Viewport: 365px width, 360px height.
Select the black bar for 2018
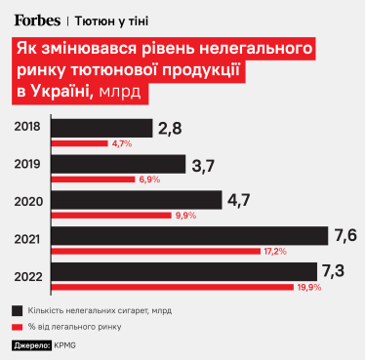[x=99, y=128]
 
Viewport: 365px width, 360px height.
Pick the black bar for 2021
[x=186, y=236]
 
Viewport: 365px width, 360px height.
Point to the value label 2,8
[x=170, y=128]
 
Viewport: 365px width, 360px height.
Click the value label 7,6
[x=345, y=236]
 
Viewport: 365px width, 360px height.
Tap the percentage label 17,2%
[x=274, y=251]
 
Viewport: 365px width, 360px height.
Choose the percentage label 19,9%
[x=308, y=287]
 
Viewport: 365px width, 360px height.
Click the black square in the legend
[x=19, y=310]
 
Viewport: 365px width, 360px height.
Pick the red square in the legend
[x=19, y=327]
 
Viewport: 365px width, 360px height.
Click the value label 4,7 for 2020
[x=240, y=200]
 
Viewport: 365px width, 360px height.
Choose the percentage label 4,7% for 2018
[x=122, y=143]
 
